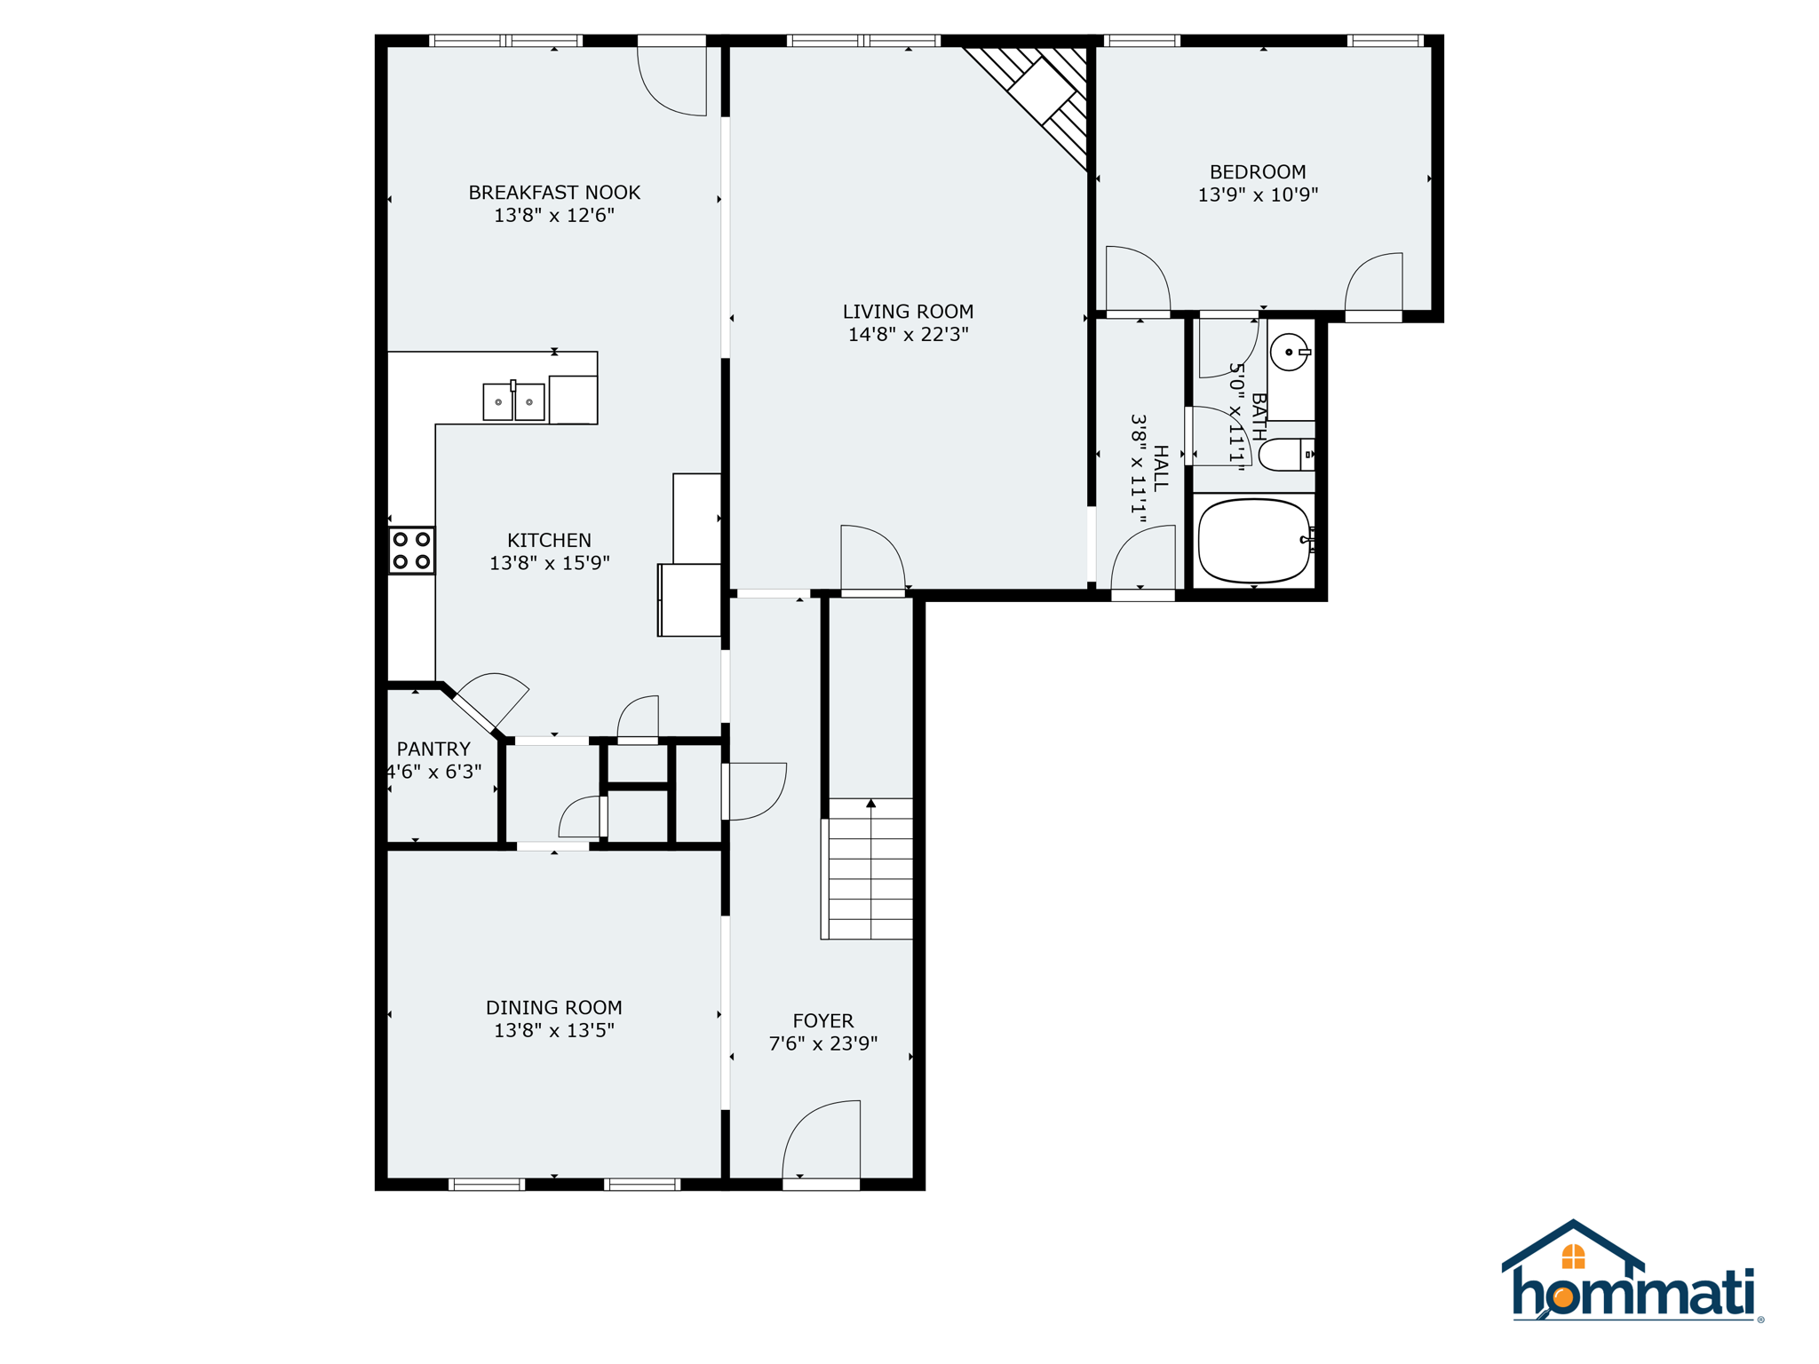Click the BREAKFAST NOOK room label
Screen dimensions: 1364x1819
(x=553, y=193)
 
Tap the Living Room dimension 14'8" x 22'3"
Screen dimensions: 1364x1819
(x=908, y=335)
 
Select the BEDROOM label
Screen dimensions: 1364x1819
(x=1258, y=172)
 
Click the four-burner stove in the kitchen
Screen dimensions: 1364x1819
(x=411, y=551)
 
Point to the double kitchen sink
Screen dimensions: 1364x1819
(x=513, y=402)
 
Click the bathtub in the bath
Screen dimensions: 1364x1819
(x=1253, y=541)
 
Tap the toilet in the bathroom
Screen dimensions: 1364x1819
(x=1284, y=455)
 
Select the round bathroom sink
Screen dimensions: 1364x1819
(x=1289, y=353)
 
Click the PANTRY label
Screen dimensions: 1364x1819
(x=433, y=749)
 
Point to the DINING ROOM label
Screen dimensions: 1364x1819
(x=553, y=1007)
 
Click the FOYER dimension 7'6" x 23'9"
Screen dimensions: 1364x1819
(x=822, y=1043)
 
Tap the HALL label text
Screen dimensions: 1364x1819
(x=1160, y=468)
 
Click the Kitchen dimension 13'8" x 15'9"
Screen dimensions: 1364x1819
(x=549, y=563)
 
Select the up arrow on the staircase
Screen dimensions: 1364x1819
(x=871, y=804)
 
